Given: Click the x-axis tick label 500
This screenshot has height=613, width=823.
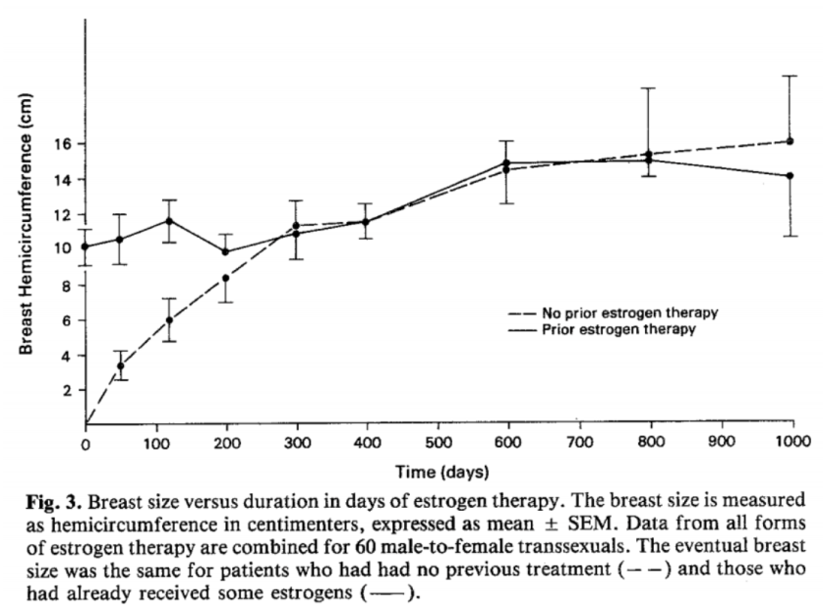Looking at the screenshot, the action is (439, 443).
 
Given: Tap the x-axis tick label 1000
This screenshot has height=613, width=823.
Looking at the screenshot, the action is (793, 441).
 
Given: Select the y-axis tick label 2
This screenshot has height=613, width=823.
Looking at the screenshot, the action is (67, 391).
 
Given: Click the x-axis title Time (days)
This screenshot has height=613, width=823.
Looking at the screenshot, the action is (441, 472).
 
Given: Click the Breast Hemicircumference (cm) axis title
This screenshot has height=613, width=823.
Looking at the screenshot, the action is (26, 224).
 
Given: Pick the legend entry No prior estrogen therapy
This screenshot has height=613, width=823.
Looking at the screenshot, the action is (613, 313).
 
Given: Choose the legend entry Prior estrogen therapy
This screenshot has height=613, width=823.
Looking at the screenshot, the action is (602, 329).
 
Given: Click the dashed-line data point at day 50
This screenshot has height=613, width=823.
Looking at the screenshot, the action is (121, 366).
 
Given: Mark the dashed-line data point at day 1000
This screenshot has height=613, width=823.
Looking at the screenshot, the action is (790, 141).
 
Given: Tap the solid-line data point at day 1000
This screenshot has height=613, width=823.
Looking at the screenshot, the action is (790, 176).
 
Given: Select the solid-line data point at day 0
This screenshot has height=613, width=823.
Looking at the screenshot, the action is (85, 247).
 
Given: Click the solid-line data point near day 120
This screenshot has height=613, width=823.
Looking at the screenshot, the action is (169, 221).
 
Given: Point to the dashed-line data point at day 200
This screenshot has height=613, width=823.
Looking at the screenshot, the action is (226, 278).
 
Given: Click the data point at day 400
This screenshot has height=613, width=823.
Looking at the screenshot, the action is (366, 222).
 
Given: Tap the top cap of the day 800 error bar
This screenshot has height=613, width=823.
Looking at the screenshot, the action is (648, 88).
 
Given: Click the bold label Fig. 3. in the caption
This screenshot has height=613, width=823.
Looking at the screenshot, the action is (54, 502).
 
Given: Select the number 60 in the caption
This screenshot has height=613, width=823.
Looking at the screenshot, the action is (364, 547).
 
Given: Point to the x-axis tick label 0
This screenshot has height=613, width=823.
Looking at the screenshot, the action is (85, 445).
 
